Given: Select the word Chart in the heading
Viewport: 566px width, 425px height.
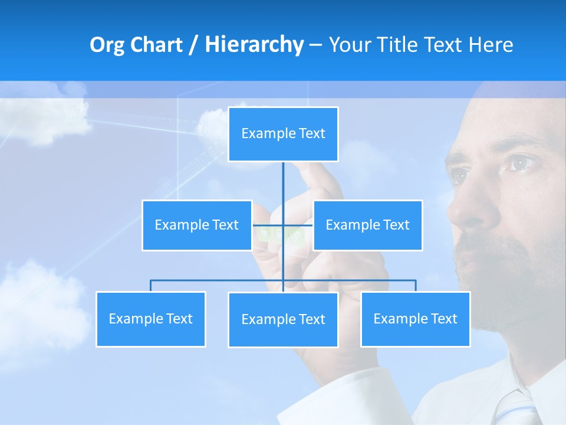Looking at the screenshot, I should tap(156, 45).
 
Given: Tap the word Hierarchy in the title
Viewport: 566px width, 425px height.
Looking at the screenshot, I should tap(254, 45).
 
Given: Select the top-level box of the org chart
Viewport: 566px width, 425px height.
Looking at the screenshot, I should tap(283, 134).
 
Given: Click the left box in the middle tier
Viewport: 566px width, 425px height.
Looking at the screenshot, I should tap(197, 225).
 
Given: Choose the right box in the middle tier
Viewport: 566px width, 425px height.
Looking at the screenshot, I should tap(367, 225).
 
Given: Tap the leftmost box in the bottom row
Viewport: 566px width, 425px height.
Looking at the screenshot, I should tap(150, 319).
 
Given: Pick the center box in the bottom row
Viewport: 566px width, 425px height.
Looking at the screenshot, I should tap(283, 319).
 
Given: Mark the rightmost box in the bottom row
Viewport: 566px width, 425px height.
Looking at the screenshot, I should tap(415, 319).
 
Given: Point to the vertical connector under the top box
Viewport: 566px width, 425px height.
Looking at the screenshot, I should tap(283, 183).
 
